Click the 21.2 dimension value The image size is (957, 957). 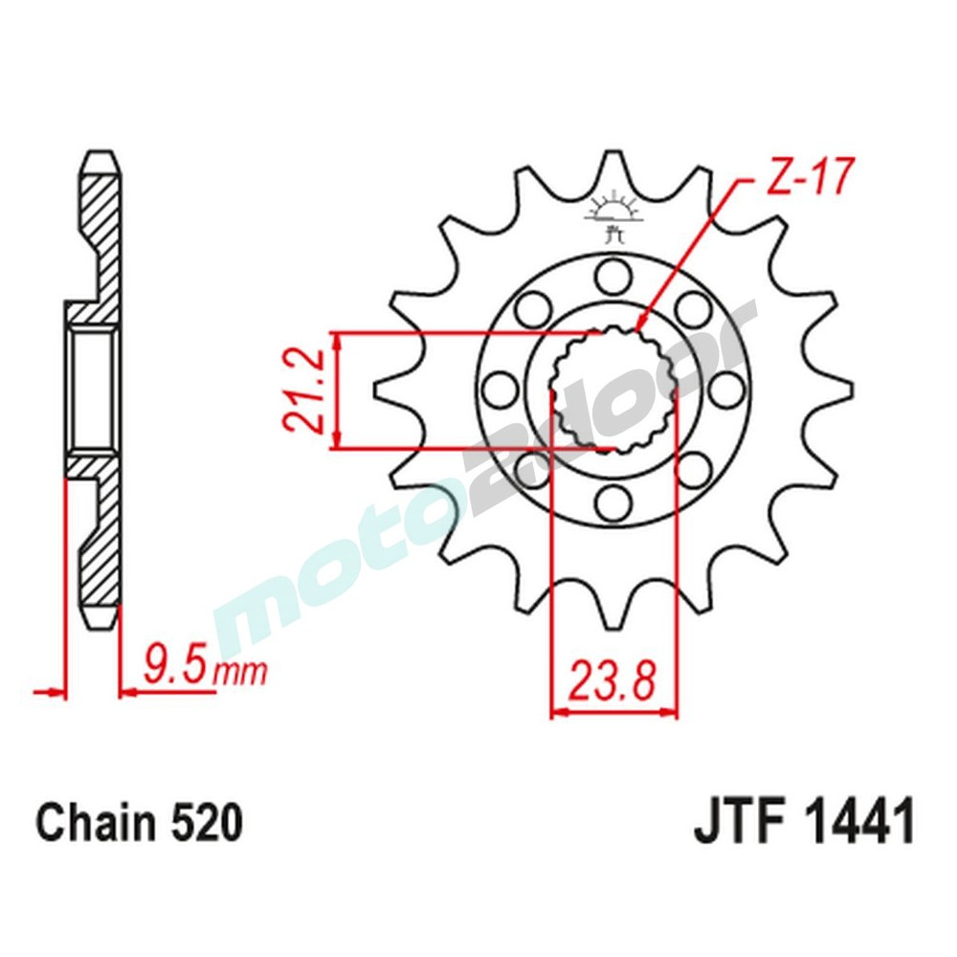304,390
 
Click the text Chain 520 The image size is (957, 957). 139,823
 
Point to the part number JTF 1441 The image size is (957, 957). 804,823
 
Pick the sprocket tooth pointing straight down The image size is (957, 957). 612,612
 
